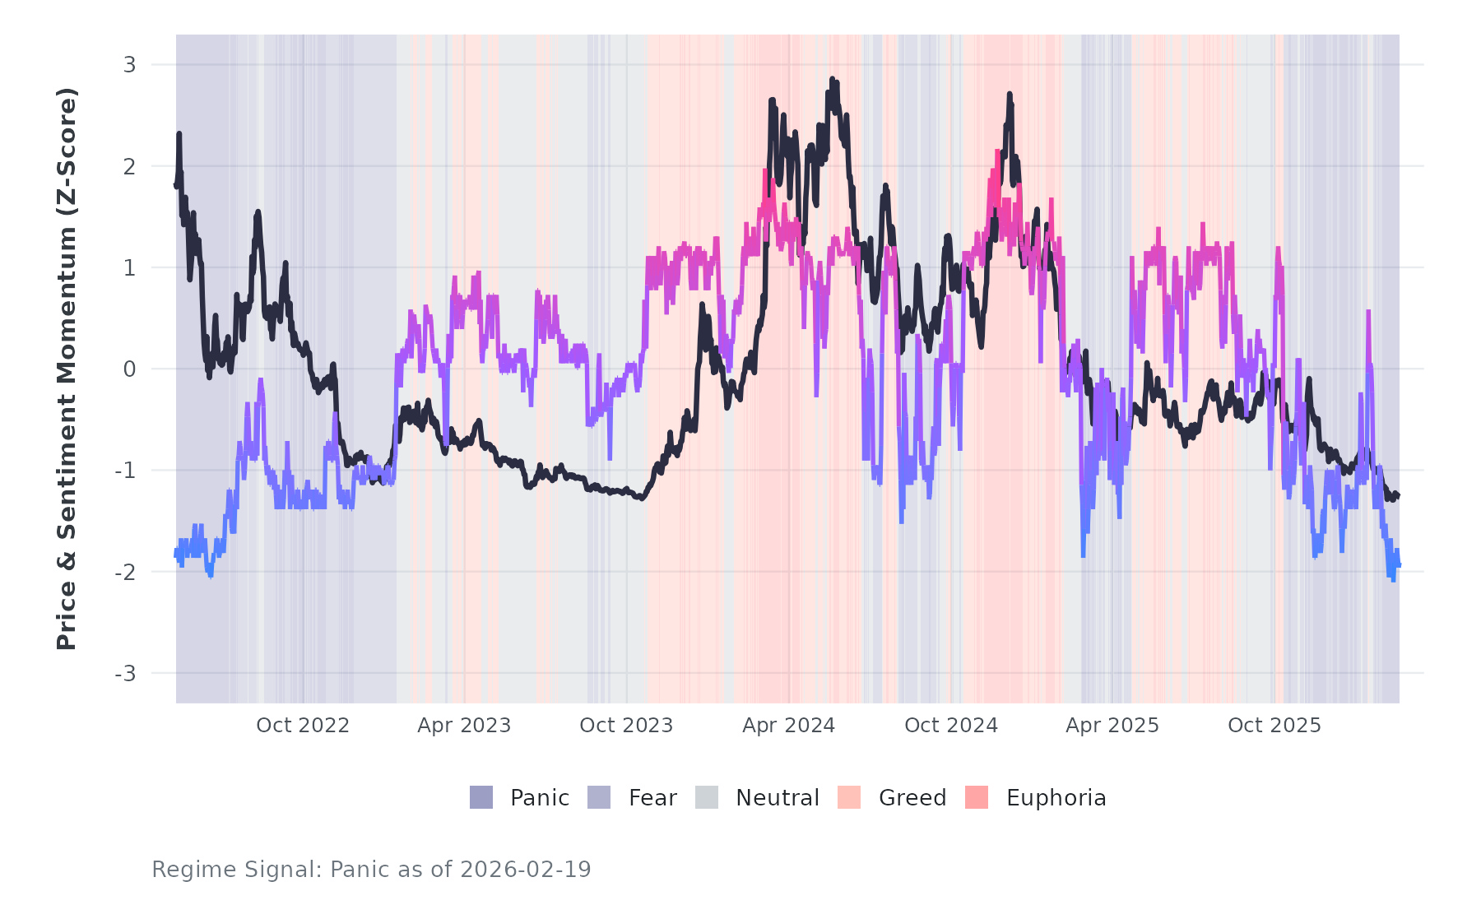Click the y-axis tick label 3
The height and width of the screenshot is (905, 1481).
coord(129,64)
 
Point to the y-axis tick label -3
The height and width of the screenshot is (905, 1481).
coord(126,674)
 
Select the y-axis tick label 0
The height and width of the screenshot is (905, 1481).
coord(129,369)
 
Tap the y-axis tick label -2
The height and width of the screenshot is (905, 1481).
coord(126,573)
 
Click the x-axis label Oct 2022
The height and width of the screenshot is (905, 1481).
coord(303,726)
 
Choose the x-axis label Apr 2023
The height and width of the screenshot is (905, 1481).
coord(464,726)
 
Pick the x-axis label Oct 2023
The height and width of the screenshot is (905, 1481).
coord(626,726)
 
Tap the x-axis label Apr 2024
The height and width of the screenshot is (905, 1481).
coord(788,726)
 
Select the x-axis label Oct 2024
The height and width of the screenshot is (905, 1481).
coord(951,726)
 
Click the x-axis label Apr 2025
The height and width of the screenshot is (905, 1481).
coord(1112,726)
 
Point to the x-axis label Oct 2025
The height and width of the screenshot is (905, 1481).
coord(1274,726)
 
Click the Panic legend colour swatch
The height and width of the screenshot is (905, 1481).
coord(481,797)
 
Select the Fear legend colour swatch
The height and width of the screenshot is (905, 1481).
coord(599,797)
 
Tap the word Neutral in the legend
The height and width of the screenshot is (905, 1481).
coord(778,798)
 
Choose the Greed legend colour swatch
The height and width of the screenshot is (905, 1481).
coord(849,797)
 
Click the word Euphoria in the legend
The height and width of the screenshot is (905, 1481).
coord(1056,798)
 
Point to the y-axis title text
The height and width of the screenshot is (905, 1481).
coord(67,369)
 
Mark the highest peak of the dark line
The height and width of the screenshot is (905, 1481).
coord(832,80)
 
